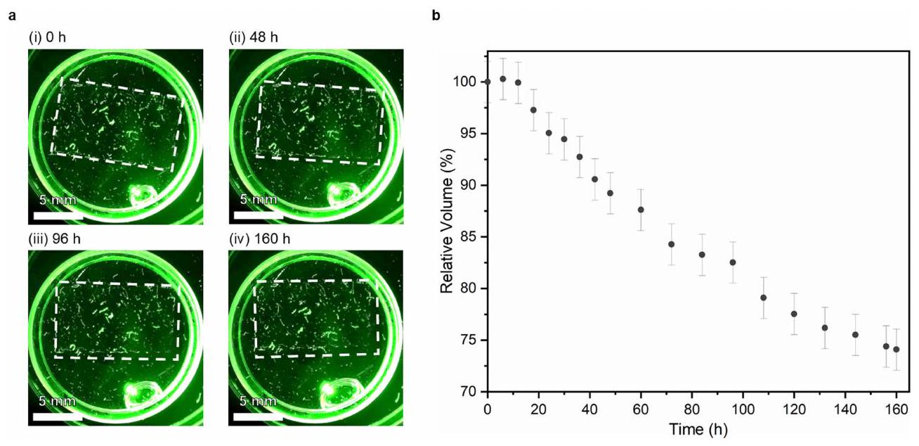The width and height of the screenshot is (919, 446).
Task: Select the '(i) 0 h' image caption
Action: (x=47, y=37)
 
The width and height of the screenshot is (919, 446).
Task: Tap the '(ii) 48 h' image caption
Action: (x=254, y=37)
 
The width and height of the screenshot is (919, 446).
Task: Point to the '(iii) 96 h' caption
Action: (x=53, y=239)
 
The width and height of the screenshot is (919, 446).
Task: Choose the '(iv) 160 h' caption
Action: (x=260, y=239)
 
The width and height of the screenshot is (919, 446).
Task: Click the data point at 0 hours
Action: (x=488, y=82)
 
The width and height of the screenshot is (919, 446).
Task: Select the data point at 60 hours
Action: (x=641, y=210)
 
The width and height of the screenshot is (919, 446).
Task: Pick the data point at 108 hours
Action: (x=764, y=298)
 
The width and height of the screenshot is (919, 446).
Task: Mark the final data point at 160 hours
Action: (x=897, y=350)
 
